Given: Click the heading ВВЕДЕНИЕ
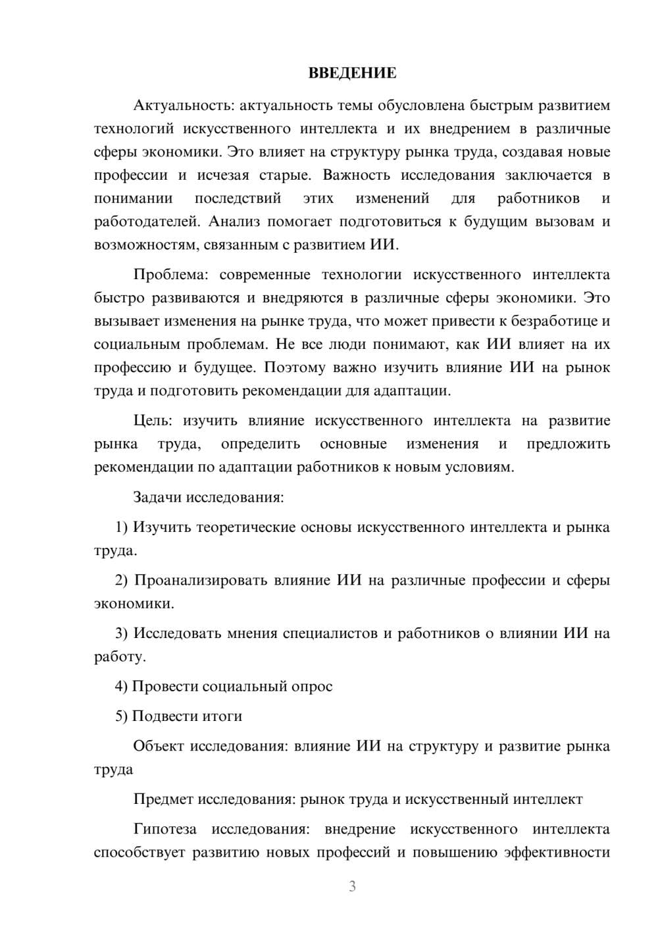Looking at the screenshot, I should [x=352, y=73].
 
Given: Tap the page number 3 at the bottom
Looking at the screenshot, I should [x=352, y=886].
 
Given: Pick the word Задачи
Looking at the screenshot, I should [x=158, y=496].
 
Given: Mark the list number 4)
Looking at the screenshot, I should [x=121, y=686].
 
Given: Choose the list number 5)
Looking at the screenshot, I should [x=121, y=716].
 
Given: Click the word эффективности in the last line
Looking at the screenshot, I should [x=557, y=853].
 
